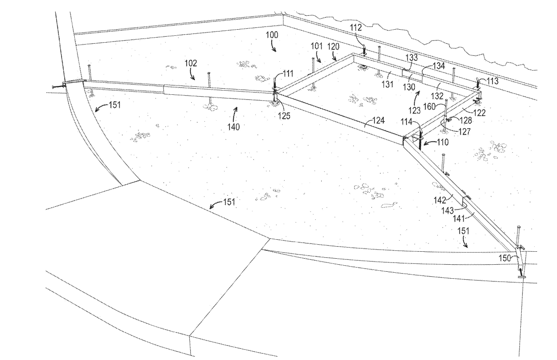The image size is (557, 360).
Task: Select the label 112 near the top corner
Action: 355,28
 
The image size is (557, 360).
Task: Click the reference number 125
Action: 285,116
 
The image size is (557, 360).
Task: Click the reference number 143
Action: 447,210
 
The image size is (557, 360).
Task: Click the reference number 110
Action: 442,142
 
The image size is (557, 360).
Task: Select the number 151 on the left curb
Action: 115,105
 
